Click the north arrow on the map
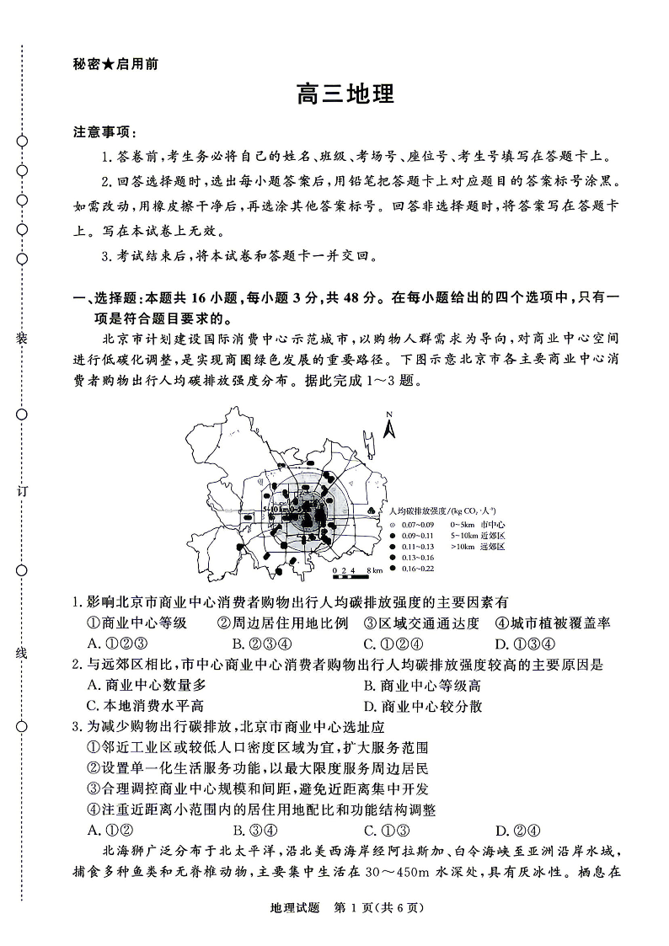(389, 426)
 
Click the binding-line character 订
(22, 493)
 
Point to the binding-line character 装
(22, 338)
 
